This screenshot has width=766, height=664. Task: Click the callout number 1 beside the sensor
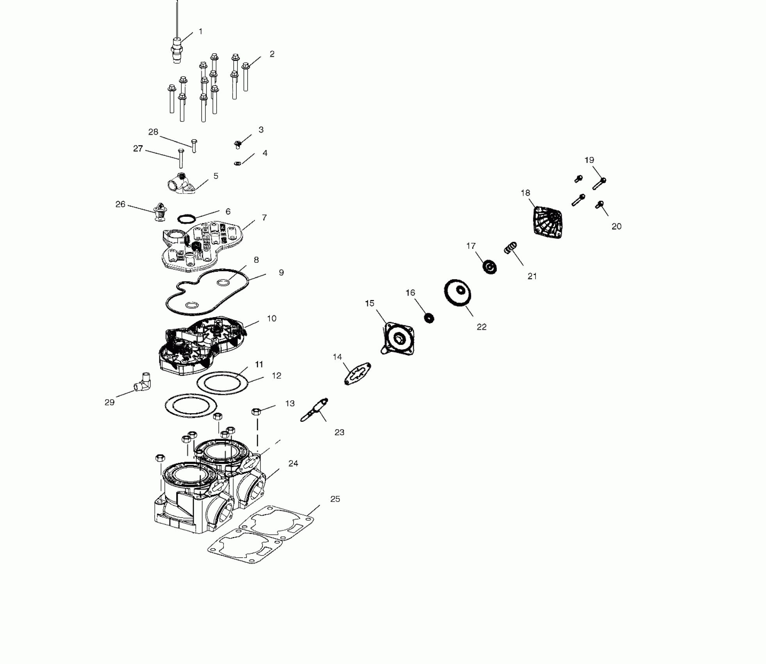point(201,31)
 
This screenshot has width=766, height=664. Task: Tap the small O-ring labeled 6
point(186,218)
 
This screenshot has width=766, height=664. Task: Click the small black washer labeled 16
point(429,318)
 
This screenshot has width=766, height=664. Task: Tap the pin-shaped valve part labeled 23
point(315,409)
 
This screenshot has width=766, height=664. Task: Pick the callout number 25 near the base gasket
point(335,499)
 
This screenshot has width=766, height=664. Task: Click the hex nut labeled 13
point(256,411)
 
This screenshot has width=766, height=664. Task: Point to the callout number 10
point(271,319)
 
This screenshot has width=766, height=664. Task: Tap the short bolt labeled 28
point(194,145)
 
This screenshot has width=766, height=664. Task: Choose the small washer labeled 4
point(237,162)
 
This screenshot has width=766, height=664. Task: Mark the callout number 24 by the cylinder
point(293,464)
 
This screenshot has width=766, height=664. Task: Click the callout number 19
point(589,160)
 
